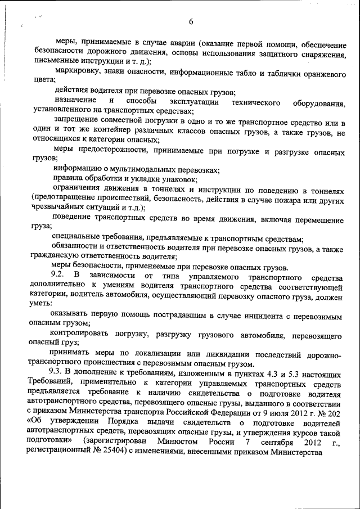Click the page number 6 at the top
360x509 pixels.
[191, 22]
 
